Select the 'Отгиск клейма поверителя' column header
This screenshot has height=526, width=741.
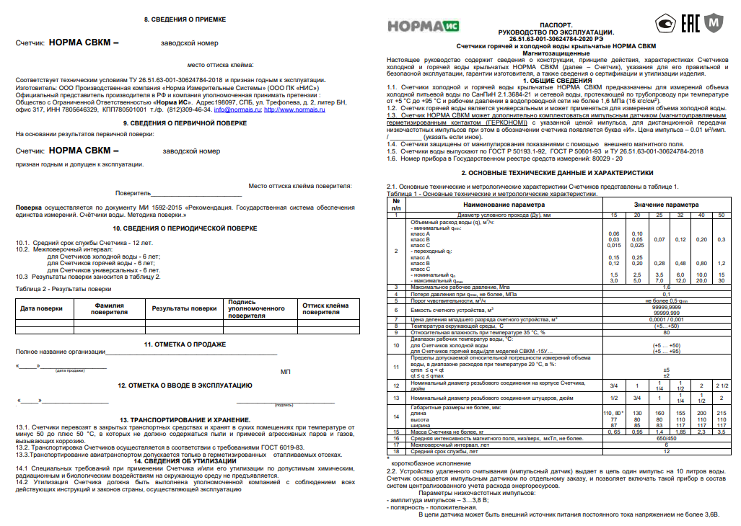click(x=320, y=308)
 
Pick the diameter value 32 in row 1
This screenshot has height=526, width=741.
click(x=680, y=215)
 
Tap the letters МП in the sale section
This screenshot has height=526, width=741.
click(x=285, y=372)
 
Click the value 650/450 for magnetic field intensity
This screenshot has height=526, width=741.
click(x=666, y=437)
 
